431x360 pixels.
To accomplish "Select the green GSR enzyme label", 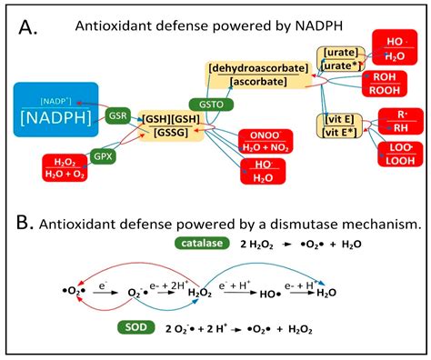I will pos(118,118).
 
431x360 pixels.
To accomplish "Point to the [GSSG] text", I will pos(170,134).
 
